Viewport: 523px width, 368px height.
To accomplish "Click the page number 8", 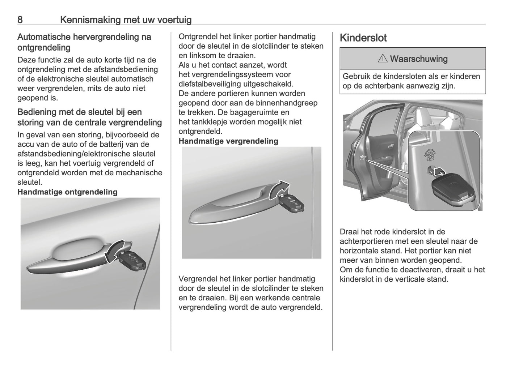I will [x=20, y=20].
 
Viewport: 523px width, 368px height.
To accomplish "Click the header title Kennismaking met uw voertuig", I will [x=126, y=20].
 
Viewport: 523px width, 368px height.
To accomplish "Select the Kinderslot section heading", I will [x=363, y=38].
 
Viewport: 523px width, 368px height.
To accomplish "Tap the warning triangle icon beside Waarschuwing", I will [x=383, y=59].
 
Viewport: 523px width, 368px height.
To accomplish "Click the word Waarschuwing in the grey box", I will [x=418, y=59].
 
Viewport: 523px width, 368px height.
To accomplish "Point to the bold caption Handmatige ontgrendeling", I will [x=67, y=192].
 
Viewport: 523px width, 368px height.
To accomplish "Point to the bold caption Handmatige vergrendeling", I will [x=228, y=141].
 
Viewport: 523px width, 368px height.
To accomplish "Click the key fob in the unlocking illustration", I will [x=132, y=260].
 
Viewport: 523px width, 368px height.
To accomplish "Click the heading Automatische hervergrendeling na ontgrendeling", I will [x=84, y=42].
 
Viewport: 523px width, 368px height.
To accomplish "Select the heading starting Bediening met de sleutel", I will [x=89, y=117].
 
